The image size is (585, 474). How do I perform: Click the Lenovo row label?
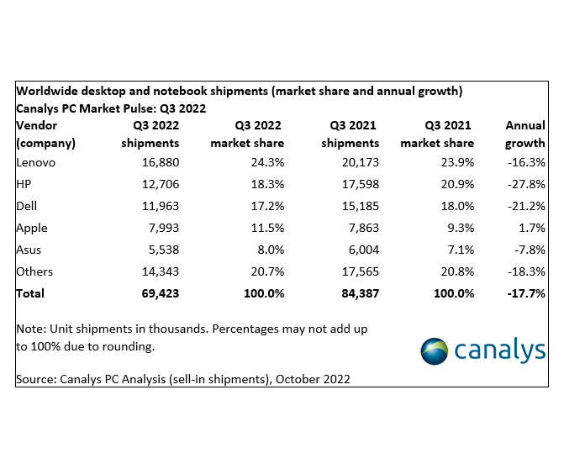click(35, 162)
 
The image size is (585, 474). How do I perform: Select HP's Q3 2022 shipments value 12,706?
click(156, 184)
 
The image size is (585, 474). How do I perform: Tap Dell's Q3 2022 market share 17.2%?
click(265, 206)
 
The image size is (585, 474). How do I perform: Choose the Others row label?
click(34, 271)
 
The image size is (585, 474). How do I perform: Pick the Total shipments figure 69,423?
click(156, 293)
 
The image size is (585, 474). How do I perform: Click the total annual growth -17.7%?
click(525, 293)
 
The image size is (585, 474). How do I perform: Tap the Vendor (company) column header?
click(45, 134)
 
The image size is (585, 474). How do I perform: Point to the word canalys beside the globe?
click(501, 351)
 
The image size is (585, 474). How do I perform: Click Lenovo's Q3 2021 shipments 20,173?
click(357, 162)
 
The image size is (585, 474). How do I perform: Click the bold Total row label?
click(30, 293)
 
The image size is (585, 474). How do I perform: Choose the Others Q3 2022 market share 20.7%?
click(265, 271)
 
